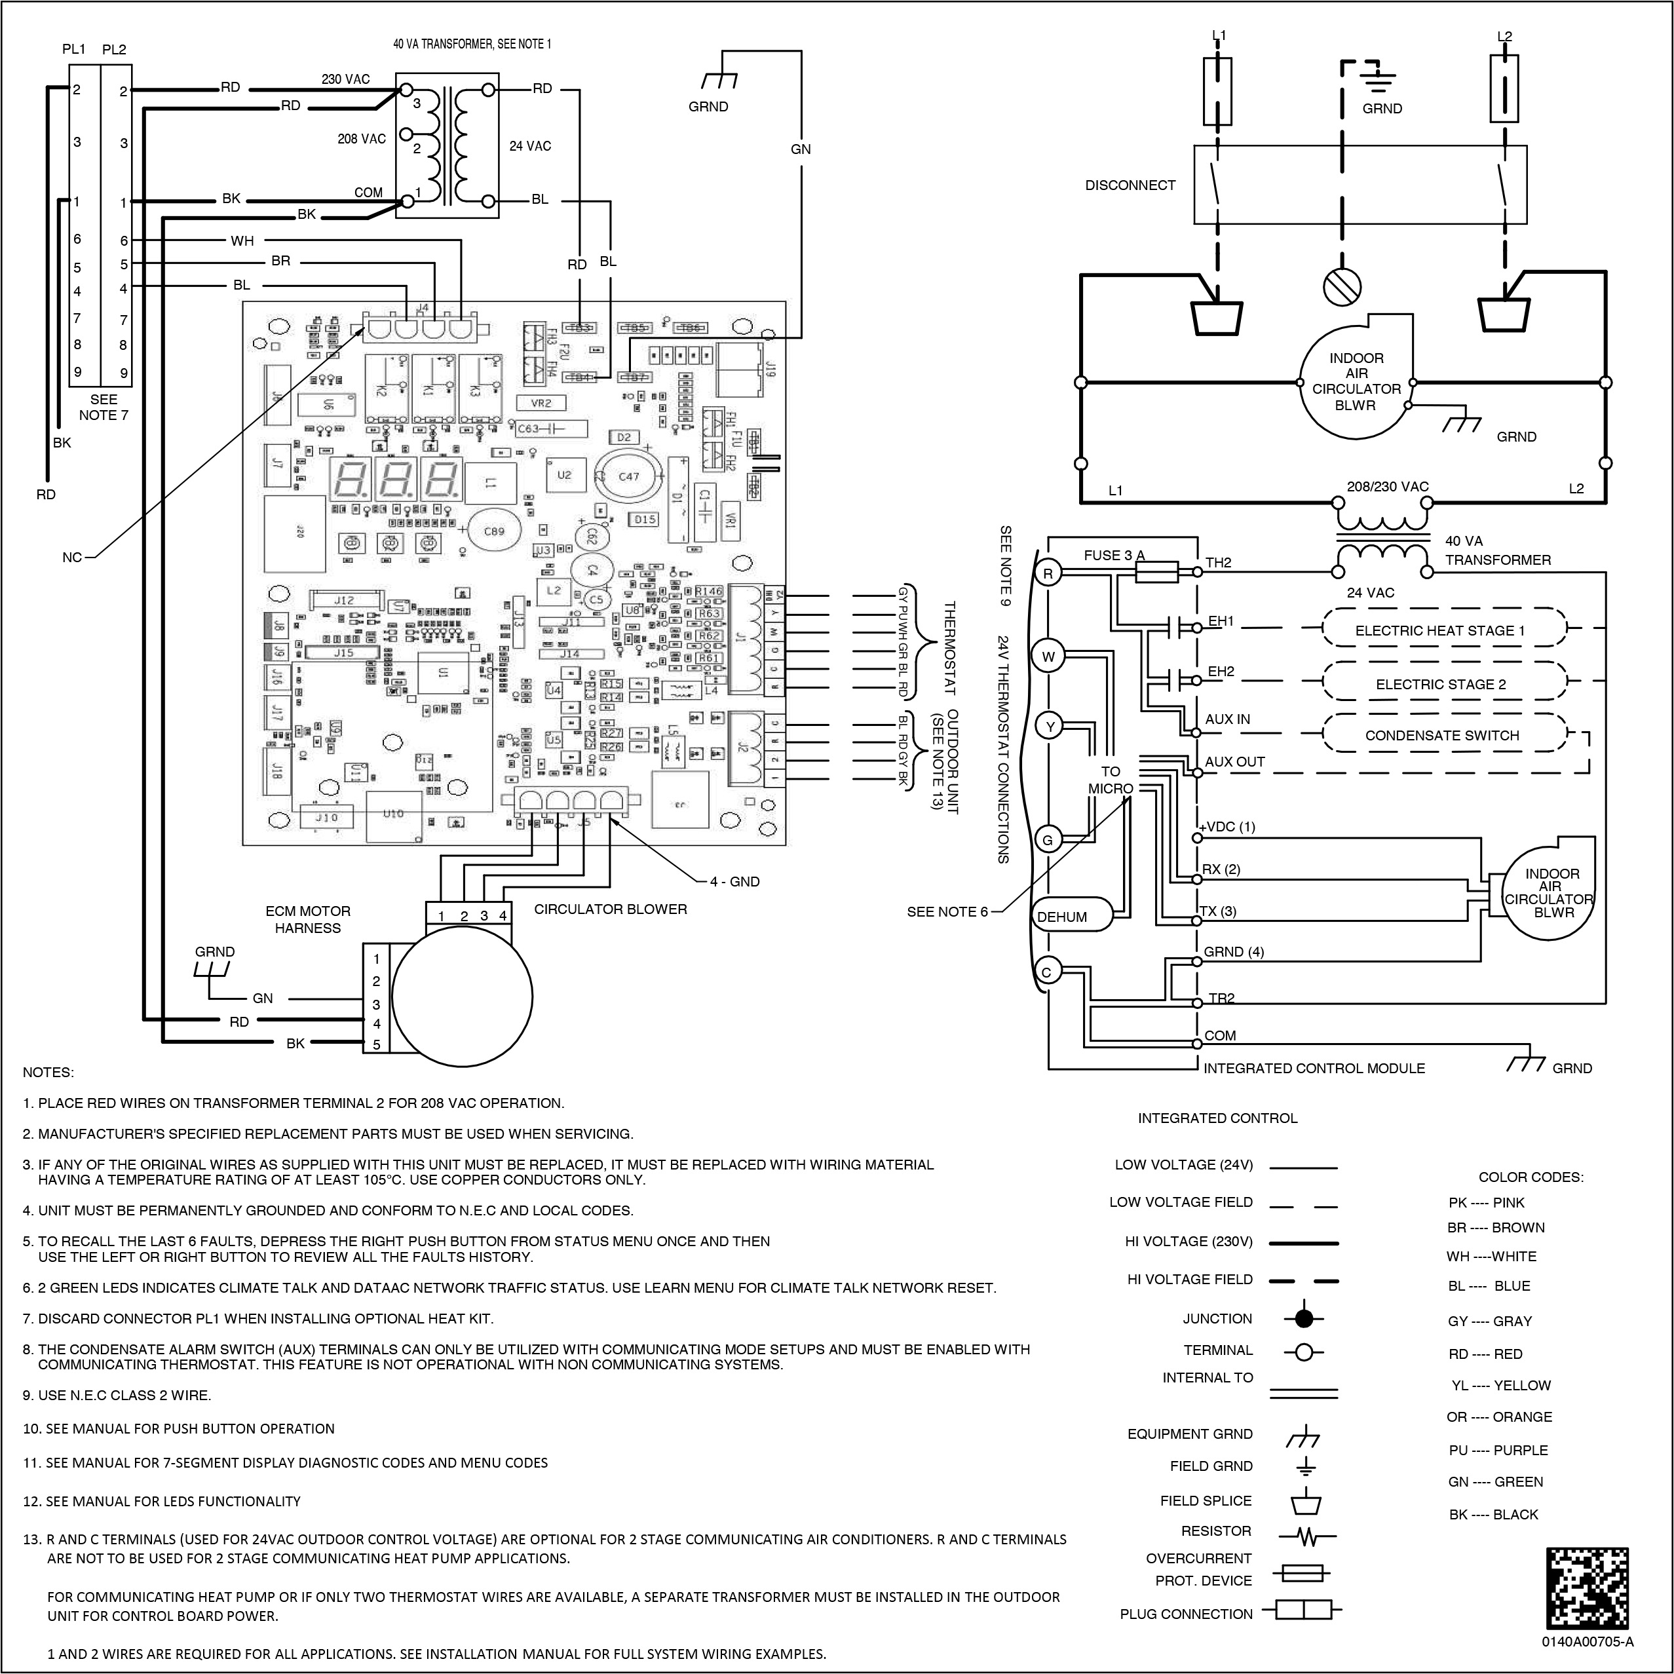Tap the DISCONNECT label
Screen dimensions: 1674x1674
[x=1130, y=185]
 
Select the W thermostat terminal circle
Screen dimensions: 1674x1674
[x=1048, y=656]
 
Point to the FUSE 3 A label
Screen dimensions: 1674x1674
[x=1114, y=556]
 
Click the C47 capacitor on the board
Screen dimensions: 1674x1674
[x=628, y=476]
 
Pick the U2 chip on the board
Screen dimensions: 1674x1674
[x=564, y=476]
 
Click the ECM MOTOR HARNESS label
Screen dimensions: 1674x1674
[x=307, y=919]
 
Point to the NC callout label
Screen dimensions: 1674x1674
[x=72, y=557]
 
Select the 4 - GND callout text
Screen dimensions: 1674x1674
[x=734, y=881]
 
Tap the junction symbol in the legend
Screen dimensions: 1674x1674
[x=1304, y=1319]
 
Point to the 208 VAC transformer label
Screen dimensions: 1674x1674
[x=361, y=139]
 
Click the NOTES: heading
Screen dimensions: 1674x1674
[x=48, y=1073]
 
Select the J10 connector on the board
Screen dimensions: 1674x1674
[x=327, y=818]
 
